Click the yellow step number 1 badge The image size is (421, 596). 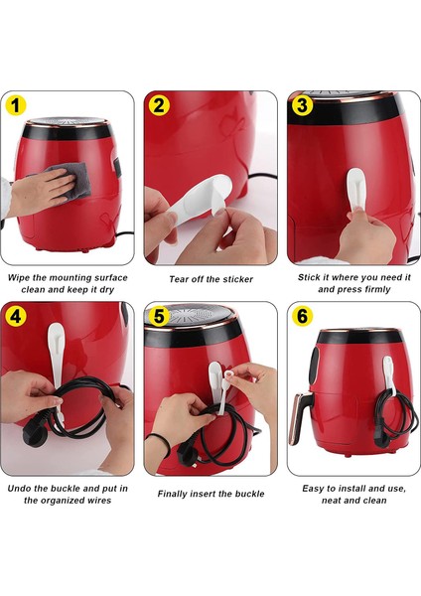coord(15,105)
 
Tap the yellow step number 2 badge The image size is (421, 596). coord(159,105)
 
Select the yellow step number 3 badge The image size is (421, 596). coord(303,105)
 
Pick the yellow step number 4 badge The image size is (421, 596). coord(16,316)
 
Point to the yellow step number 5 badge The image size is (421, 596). coord(159,316)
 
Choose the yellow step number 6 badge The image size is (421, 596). coord(303,316)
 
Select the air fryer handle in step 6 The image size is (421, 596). coord(300,415)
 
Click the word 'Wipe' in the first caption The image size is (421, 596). coord(19,277)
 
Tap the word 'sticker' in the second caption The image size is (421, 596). coord(238,279)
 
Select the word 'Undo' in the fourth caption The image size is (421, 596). coord(18,489)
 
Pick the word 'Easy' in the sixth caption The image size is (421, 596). coord(313,489)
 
